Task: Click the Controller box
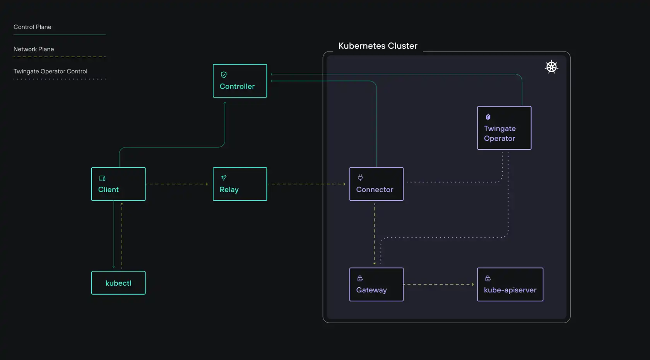coord(240,81)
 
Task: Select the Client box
coord(118,184)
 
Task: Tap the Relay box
coord(240,184)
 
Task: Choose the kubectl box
coord(118,283)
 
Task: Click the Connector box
coord(376,184)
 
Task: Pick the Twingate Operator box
coord(504,128)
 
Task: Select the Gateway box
coord(376,285)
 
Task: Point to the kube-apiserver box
coord(510,285)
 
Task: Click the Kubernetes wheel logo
coord(551,67)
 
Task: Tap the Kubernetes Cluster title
coord(378,46)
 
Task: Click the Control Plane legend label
coord(32,27)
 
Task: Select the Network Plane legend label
coord(34,49)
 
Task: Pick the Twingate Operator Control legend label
coord(50,71)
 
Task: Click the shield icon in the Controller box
coord(224,75)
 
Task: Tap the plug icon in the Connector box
coord(360,177)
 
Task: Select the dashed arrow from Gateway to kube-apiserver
coord(440,285)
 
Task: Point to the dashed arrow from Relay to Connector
coord(306,184)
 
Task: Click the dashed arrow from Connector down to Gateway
coord(374,234)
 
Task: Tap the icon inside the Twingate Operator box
coord(488,117)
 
